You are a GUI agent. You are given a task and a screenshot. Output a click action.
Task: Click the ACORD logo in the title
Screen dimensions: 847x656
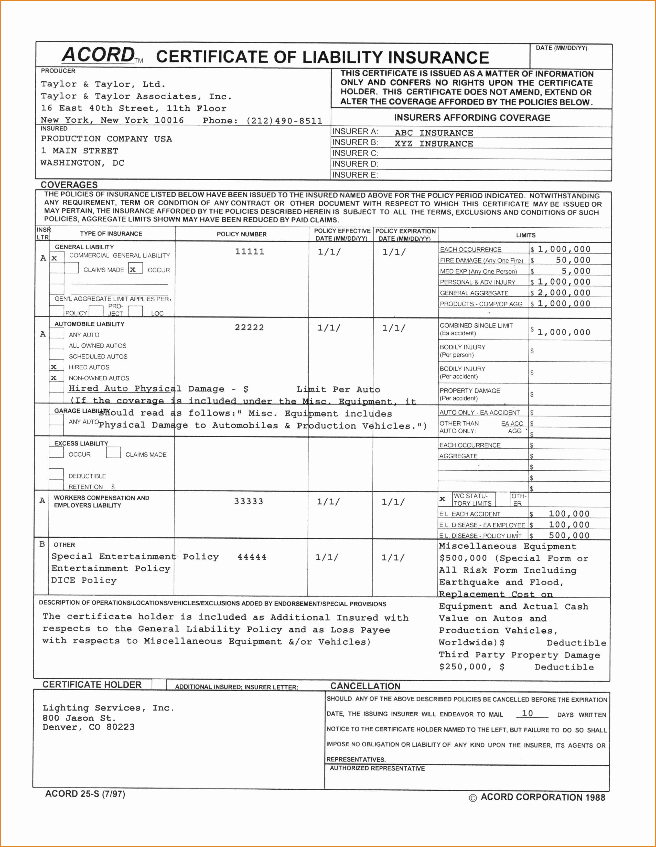99,55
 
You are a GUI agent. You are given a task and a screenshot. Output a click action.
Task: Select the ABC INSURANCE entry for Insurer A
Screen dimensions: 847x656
434,133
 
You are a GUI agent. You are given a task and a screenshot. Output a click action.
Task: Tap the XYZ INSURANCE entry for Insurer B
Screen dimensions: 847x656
434,143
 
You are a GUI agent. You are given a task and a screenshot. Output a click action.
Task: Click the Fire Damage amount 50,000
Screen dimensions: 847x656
573,260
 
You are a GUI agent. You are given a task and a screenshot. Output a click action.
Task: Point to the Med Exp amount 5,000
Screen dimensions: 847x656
576,271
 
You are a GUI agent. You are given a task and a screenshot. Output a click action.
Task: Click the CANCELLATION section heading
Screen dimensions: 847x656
365,686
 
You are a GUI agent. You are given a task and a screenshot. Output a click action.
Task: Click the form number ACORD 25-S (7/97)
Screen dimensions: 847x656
85,794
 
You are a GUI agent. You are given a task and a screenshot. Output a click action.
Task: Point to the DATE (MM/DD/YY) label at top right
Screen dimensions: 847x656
561,48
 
